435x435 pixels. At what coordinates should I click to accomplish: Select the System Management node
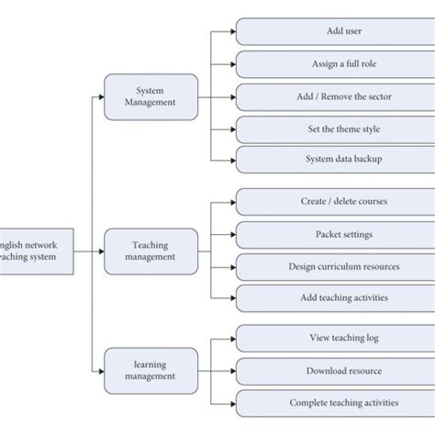[x=151, y=96]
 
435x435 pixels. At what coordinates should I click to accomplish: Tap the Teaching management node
[x=151, y=251]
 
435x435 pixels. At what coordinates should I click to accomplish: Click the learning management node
[x=151, y=370]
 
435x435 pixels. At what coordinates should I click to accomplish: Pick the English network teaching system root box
[x=35, y=251]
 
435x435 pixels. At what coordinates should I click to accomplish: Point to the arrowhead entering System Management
[x=100, y=96]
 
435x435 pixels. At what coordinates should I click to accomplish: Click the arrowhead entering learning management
[x=100, y=370]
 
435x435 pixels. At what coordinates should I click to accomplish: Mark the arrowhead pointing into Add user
[x=231, y=31]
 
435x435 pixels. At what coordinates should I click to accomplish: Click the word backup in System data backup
[x=364, y=159]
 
